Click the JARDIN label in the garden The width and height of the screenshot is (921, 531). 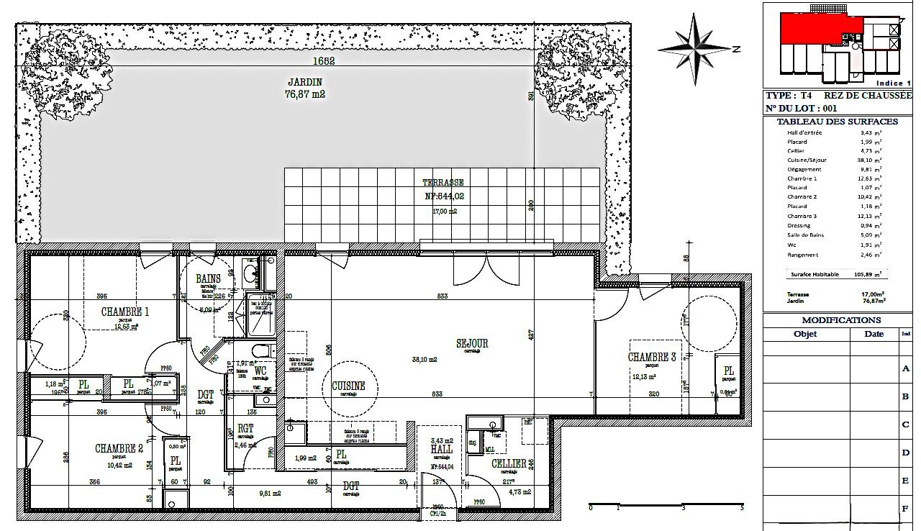tap(305, 82)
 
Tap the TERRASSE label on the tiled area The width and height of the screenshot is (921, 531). tap(443, 183)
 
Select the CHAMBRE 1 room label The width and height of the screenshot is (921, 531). tap(125, 312)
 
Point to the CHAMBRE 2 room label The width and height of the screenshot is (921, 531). tap(119, 448)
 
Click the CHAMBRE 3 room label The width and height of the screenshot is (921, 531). tap(652, 357)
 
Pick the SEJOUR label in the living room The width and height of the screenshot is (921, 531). tap(472, 343)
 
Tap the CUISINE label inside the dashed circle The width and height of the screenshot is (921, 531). tap(348, 386)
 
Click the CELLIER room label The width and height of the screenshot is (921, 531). tap(508, 464)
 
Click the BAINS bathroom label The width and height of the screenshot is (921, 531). tap(208, 278)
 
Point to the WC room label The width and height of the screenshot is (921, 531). tap(260, 371)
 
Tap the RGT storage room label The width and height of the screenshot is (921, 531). tap(245, 428)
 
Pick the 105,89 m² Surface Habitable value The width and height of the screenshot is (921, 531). tap(868, 274)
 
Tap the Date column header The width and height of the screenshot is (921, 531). tap(874, 334)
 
